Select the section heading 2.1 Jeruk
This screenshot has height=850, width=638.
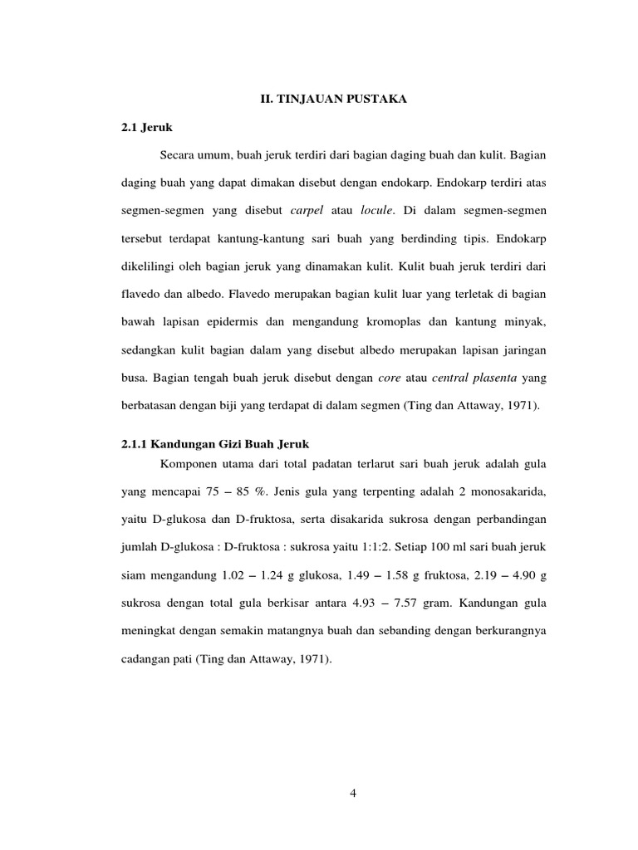145,127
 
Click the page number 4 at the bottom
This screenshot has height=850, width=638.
353,793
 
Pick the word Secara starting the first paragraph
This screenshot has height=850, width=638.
177,155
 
